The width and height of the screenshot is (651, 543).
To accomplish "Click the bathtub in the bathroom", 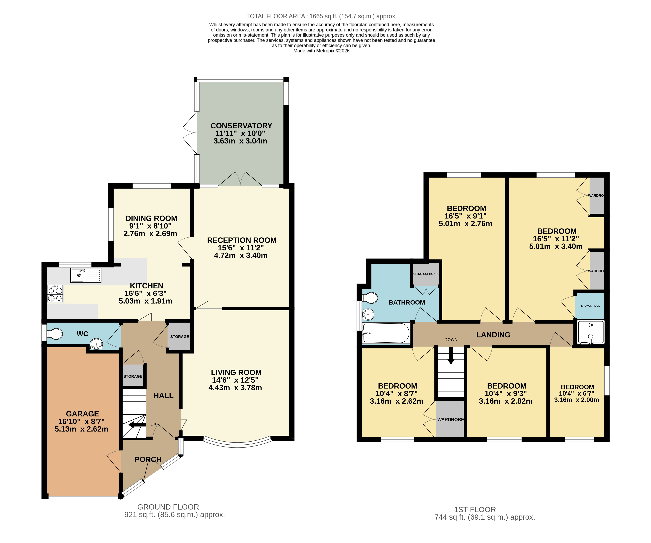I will [x=386, y=333].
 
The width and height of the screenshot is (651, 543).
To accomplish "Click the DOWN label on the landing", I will [x=451, y=339].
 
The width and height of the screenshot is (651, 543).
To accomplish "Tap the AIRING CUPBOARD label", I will [x=426, y=274].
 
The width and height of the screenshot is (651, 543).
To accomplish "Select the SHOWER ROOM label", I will [x=591, y=306].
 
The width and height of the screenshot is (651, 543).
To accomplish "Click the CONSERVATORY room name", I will [x=241, y=126].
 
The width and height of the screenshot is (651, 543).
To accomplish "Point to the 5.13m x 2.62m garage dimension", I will [x=81, y=429].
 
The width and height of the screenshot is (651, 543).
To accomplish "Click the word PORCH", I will [x=148, y=459].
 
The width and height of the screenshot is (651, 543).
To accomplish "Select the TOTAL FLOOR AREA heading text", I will [x=321, y=16].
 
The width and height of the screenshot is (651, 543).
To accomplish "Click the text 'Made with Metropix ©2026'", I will [x=321, y=51].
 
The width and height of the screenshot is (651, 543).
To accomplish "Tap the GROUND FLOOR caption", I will [x=168, y=507].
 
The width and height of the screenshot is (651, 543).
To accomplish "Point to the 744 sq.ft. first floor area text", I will [x=485, y=517].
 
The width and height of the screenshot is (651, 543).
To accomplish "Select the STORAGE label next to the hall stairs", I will [x=133, y=376].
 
